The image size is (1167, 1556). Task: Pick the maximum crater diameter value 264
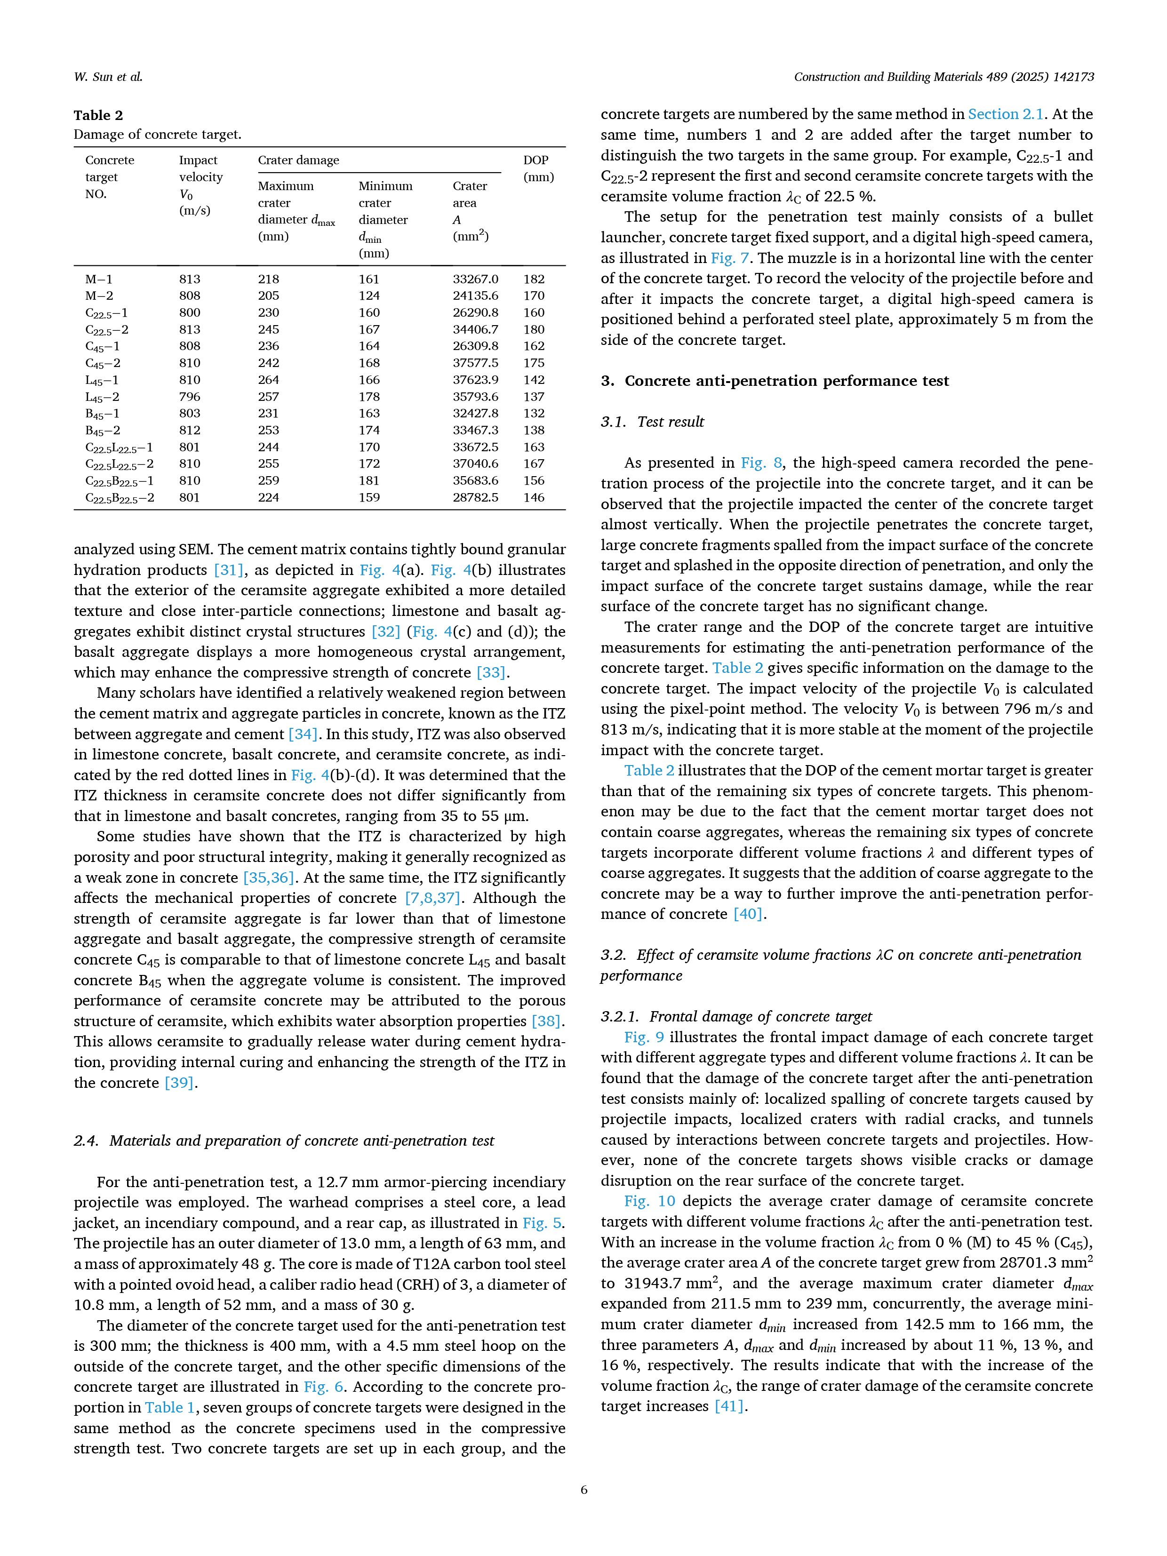coord(268,380)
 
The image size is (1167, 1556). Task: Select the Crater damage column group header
coord(298,160)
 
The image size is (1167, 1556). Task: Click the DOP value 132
coord(534,414)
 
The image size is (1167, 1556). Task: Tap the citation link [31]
coord(229,570)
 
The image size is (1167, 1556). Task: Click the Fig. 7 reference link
coord(729,258)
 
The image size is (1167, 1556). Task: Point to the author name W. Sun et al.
coord(108,77)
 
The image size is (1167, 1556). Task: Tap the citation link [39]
coord(179,1083)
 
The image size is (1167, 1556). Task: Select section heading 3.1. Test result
coord(652,422)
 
